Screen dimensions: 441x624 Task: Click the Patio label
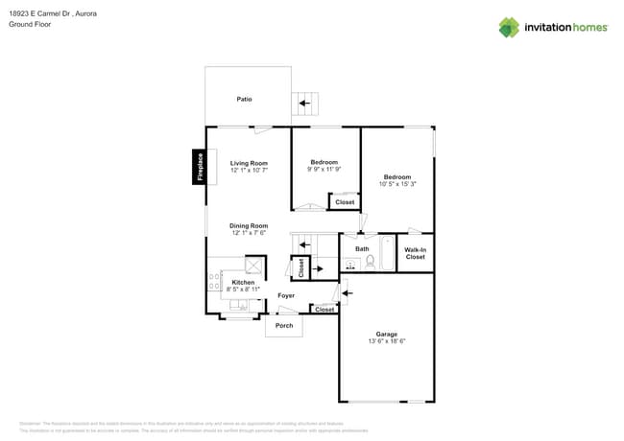click(245, 99)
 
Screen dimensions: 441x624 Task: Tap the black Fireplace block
click(200, 166)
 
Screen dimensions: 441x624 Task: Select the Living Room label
click(249, 163)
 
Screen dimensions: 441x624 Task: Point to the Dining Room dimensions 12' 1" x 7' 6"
click(249, 233)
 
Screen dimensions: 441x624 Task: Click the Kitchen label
click(243, 282)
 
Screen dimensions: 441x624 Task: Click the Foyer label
click(286, 295)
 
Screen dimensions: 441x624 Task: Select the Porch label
click(284, 326)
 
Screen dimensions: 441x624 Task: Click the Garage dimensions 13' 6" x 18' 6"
click(387, 341)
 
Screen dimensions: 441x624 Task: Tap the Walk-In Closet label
click(415, 253)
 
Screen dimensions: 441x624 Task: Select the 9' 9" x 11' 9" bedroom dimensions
click(324, 170)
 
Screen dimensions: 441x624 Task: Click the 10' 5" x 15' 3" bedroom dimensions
click(397, 184)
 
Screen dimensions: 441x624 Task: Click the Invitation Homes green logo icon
click(509, 27)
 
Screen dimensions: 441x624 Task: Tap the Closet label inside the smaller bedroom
click(344, 202)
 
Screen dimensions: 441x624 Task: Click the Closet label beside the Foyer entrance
click(324, 310)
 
